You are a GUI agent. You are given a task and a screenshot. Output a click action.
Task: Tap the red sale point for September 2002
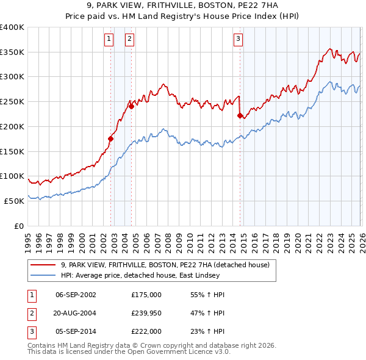tap(110, 139)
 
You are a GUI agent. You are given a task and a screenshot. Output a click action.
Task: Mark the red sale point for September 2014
tap(240, 115)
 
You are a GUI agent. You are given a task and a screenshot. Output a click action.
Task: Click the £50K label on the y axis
tap(13, 201)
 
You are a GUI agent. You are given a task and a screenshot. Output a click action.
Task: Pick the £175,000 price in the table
tap(146, 295)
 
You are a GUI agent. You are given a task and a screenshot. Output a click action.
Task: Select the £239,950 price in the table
tap(146, 313)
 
